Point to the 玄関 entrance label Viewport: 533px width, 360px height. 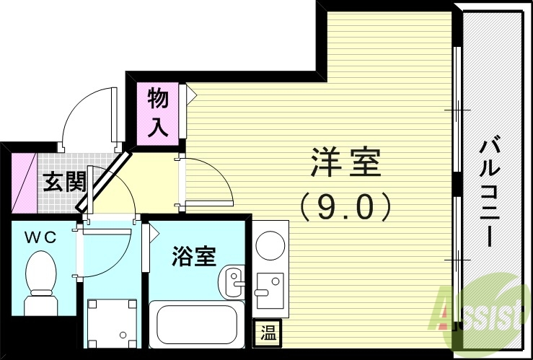63,181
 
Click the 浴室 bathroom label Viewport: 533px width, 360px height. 194,257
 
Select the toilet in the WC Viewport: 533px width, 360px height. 40,281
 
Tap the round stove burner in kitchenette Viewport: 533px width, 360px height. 270,243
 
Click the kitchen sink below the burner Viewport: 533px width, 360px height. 270,290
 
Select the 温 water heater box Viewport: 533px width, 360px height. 268,333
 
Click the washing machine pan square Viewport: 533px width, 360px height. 111,324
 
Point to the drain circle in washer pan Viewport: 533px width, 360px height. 123,335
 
